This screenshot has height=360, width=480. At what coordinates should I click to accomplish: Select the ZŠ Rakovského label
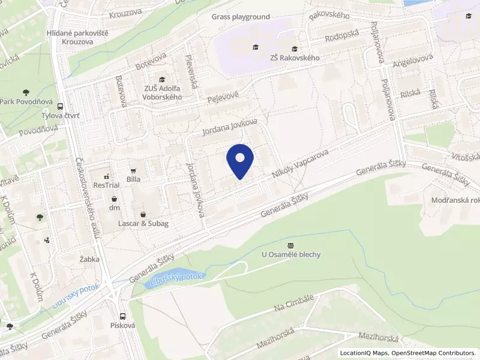(294, 58)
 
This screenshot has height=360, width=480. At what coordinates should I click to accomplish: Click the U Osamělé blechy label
(291, 254)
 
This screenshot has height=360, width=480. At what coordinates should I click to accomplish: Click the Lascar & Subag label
(143, 224)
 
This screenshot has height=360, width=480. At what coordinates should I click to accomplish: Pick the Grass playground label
(241, 17)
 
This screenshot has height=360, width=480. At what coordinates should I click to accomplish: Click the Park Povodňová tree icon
(25, 92)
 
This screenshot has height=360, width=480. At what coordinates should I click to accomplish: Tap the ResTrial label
(106, 185)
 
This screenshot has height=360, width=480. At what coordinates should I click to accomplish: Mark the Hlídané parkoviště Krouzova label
(77, 37)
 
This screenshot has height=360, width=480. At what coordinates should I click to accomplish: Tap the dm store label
(114, 208)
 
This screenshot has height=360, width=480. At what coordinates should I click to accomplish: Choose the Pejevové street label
(223, 97)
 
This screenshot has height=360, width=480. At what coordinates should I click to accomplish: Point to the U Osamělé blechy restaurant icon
(291, 245)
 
